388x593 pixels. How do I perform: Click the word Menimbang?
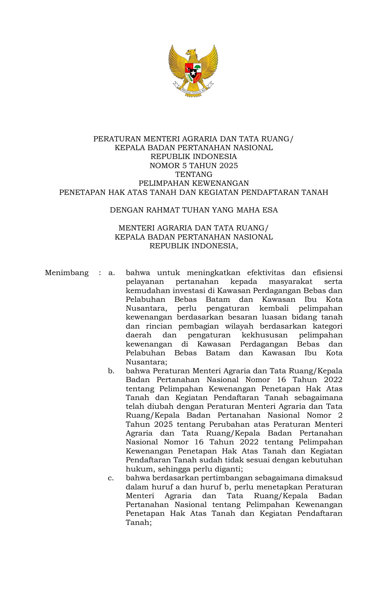pyautogui.click(x=67, y=273)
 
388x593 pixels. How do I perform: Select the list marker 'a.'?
pyautogui.click(x=111, y=273)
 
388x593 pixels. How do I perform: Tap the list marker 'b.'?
pyautogui.click(x=111, y=371)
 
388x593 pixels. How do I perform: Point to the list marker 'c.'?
pyautogui.click(x=111, y=478)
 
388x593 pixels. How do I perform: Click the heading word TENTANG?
pyautogui.click(x=194, y=174)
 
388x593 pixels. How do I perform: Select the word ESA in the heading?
pyautogui.click(x=270, y=210)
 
